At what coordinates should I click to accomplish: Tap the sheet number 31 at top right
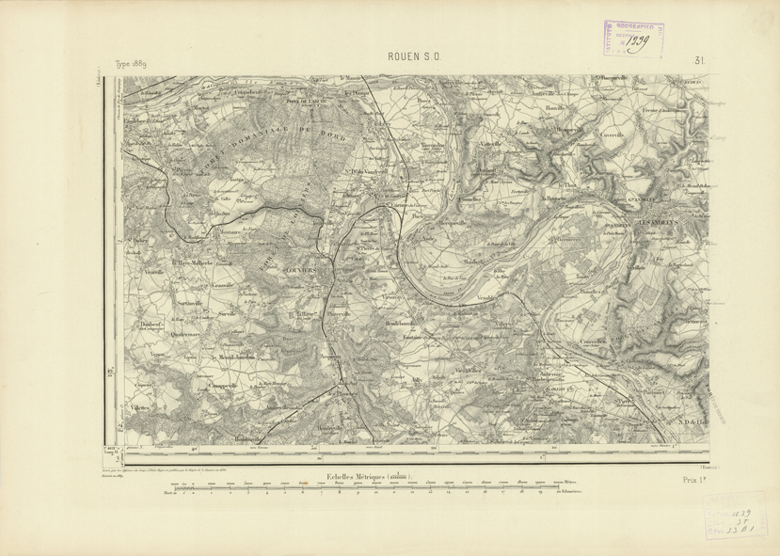(700, 62)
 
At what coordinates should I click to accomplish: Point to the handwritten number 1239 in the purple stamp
(637, 40)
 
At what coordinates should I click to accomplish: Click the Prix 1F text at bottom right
(695, 480)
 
